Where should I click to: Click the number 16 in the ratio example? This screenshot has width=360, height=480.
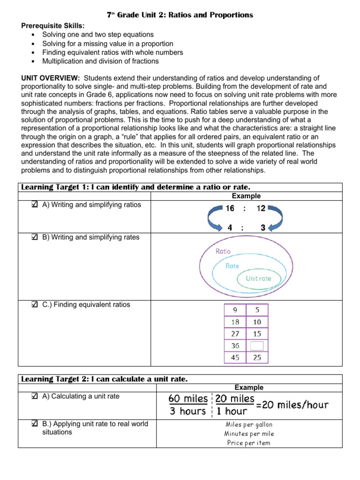[x=230, y=209]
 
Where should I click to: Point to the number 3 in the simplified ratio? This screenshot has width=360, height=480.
[x=263, y=228]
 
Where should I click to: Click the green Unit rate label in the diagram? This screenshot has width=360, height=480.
[x=259, y=278]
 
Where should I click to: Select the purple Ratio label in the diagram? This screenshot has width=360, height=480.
[x=223, y=251]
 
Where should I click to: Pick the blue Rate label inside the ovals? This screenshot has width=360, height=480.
[x=232, y=266]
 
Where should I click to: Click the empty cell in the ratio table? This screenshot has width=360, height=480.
[x=257, y=346]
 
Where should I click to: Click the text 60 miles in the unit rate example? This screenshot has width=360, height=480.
[x=188, y=399]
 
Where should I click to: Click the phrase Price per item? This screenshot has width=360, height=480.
[x=249, y=442]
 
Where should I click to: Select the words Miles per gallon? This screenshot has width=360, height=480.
[x=249, y=425]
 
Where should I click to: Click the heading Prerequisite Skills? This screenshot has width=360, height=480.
[x=52, y=26]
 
